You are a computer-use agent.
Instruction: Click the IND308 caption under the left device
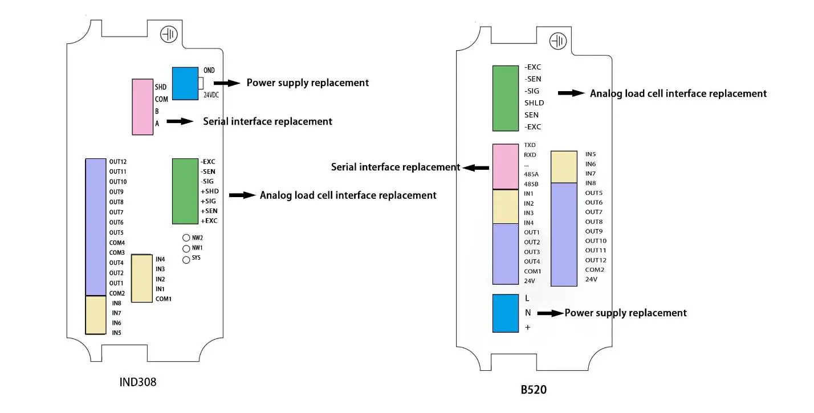tap(137, 382)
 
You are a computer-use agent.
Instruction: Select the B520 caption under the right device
tap(534, 390)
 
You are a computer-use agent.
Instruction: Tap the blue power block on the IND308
tap(185, 84)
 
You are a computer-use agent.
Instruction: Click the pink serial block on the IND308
tap(143, 107)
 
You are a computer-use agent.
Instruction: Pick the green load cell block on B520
tap(506, 98)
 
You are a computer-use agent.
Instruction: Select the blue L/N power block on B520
tap(506, 313)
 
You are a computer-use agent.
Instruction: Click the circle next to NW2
tap(186, 238)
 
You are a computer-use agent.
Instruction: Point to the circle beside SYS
tap(186, 260)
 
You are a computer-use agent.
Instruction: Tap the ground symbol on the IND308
tap(169, 34)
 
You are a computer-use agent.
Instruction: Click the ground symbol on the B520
tap(557, 40)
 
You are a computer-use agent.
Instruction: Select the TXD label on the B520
tap(530, 145)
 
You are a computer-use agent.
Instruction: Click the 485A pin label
tap(531, 174)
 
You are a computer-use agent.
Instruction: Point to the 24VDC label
tap(211, 95)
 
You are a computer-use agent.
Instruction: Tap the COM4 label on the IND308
tap(117, 243)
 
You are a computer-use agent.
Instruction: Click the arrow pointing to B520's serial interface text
tap(475, 167)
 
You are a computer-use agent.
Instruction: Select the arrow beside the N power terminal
tap(550, 313)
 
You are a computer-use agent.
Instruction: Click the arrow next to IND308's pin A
tap(180, 121)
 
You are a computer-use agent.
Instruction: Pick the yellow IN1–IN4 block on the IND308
tap(141, 278)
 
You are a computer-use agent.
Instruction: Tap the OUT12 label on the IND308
tap(118, 162)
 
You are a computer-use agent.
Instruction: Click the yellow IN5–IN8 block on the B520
tap(564, 167)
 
